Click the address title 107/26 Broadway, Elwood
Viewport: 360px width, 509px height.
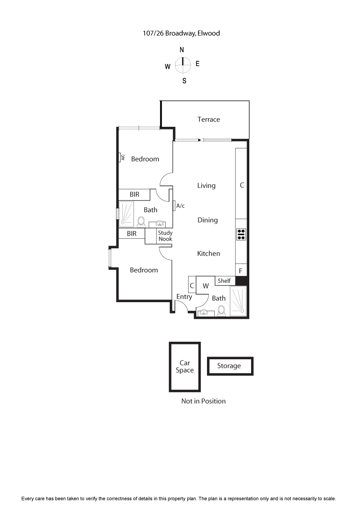pyautogui.click(x=180, y=33)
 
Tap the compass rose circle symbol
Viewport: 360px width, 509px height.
pyautogui.click(x=182, y=65)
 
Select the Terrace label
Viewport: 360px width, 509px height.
pyautogui.click(x=209, y=119)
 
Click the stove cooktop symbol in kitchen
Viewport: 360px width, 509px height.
pyautogui.click(x=241, y=234)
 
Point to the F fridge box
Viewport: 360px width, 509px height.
pyautogui.click(x=241, y=271)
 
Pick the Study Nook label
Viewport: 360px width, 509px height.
pyautogui.click(x=165, y=236)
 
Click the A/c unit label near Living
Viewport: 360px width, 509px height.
pyautogui.click(x=180, y=205)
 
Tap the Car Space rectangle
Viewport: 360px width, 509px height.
pyautogui.click(x=185, y=366)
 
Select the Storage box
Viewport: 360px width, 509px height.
pyautogui.click(x=229, y=366)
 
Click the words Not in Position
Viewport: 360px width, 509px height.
pyautogui.click(x=203, y=401)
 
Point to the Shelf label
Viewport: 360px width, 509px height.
pyautogui.click(x=224, y=281)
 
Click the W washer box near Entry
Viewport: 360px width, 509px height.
pyautogui.click(x=206, y=286)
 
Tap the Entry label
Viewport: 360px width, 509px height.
pyautogui.click(x=184, y=297)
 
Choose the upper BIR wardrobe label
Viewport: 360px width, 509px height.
pyautogui.click(x=134, y=194)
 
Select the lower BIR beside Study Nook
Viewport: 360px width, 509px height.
pyautogui.click(x=131, y=234)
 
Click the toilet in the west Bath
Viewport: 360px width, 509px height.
pyautogui.click(x=141, y=222)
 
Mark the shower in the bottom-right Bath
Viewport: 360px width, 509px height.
pyautogui.click(x=238, y=301)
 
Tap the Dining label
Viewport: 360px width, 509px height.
pyautogui.click(x=207, y=220)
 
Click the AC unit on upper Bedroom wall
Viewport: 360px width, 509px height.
pyautogui.click(x=121, y=157)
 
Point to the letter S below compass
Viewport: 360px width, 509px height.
pyautogui.click(x=184, y=81)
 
